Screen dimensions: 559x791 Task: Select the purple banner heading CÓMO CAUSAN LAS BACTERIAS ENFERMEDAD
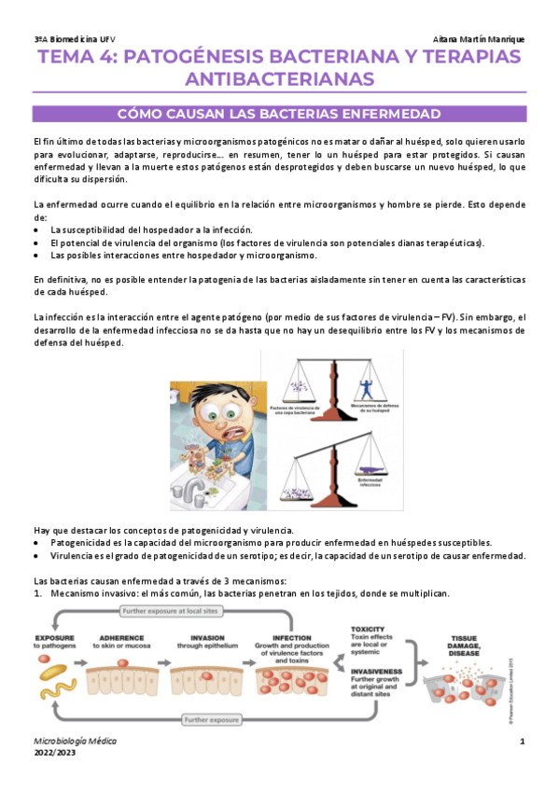coord(279,115)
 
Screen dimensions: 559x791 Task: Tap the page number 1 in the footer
coord(524,740)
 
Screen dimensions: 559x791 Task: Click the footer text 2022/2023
coord(54,754)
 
